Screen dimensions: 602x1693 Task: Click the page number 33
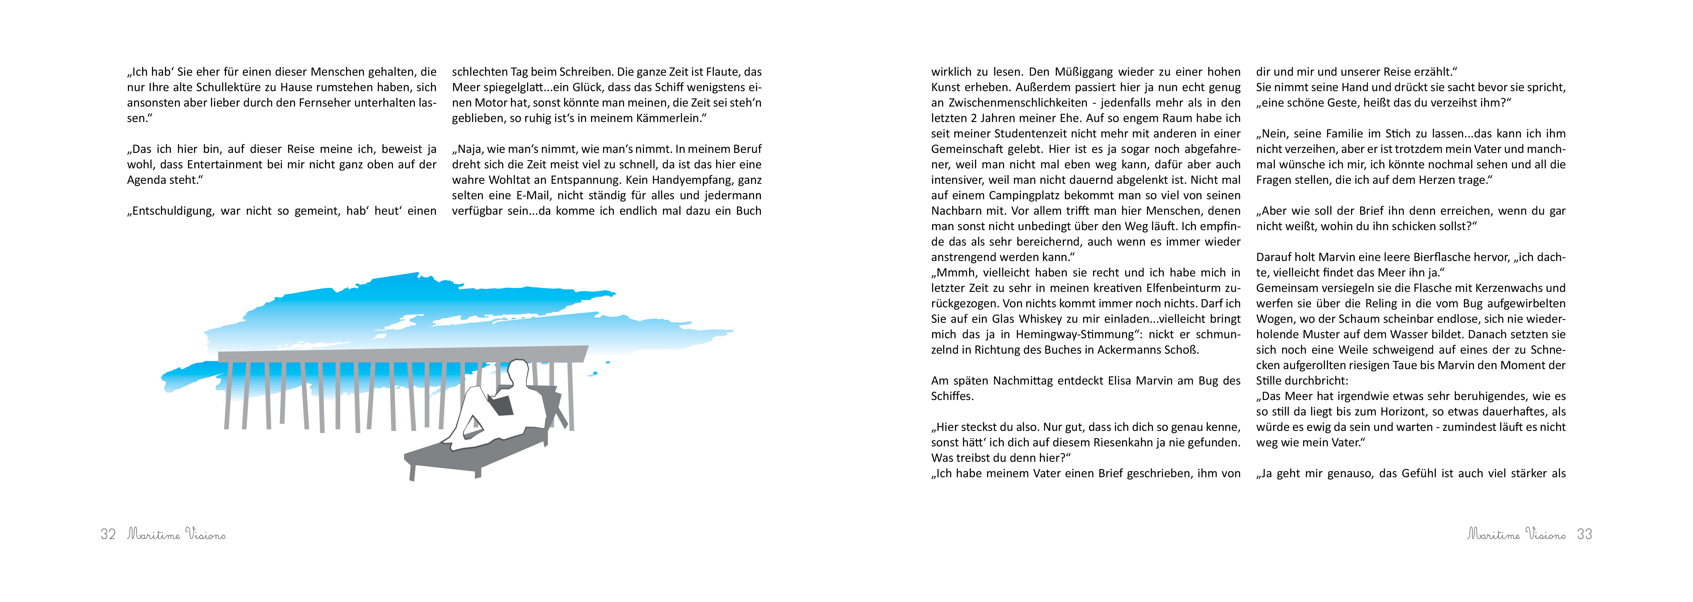point(1585,534)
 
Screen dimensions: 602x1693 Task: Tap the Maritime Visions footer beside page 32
point(176,534)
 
